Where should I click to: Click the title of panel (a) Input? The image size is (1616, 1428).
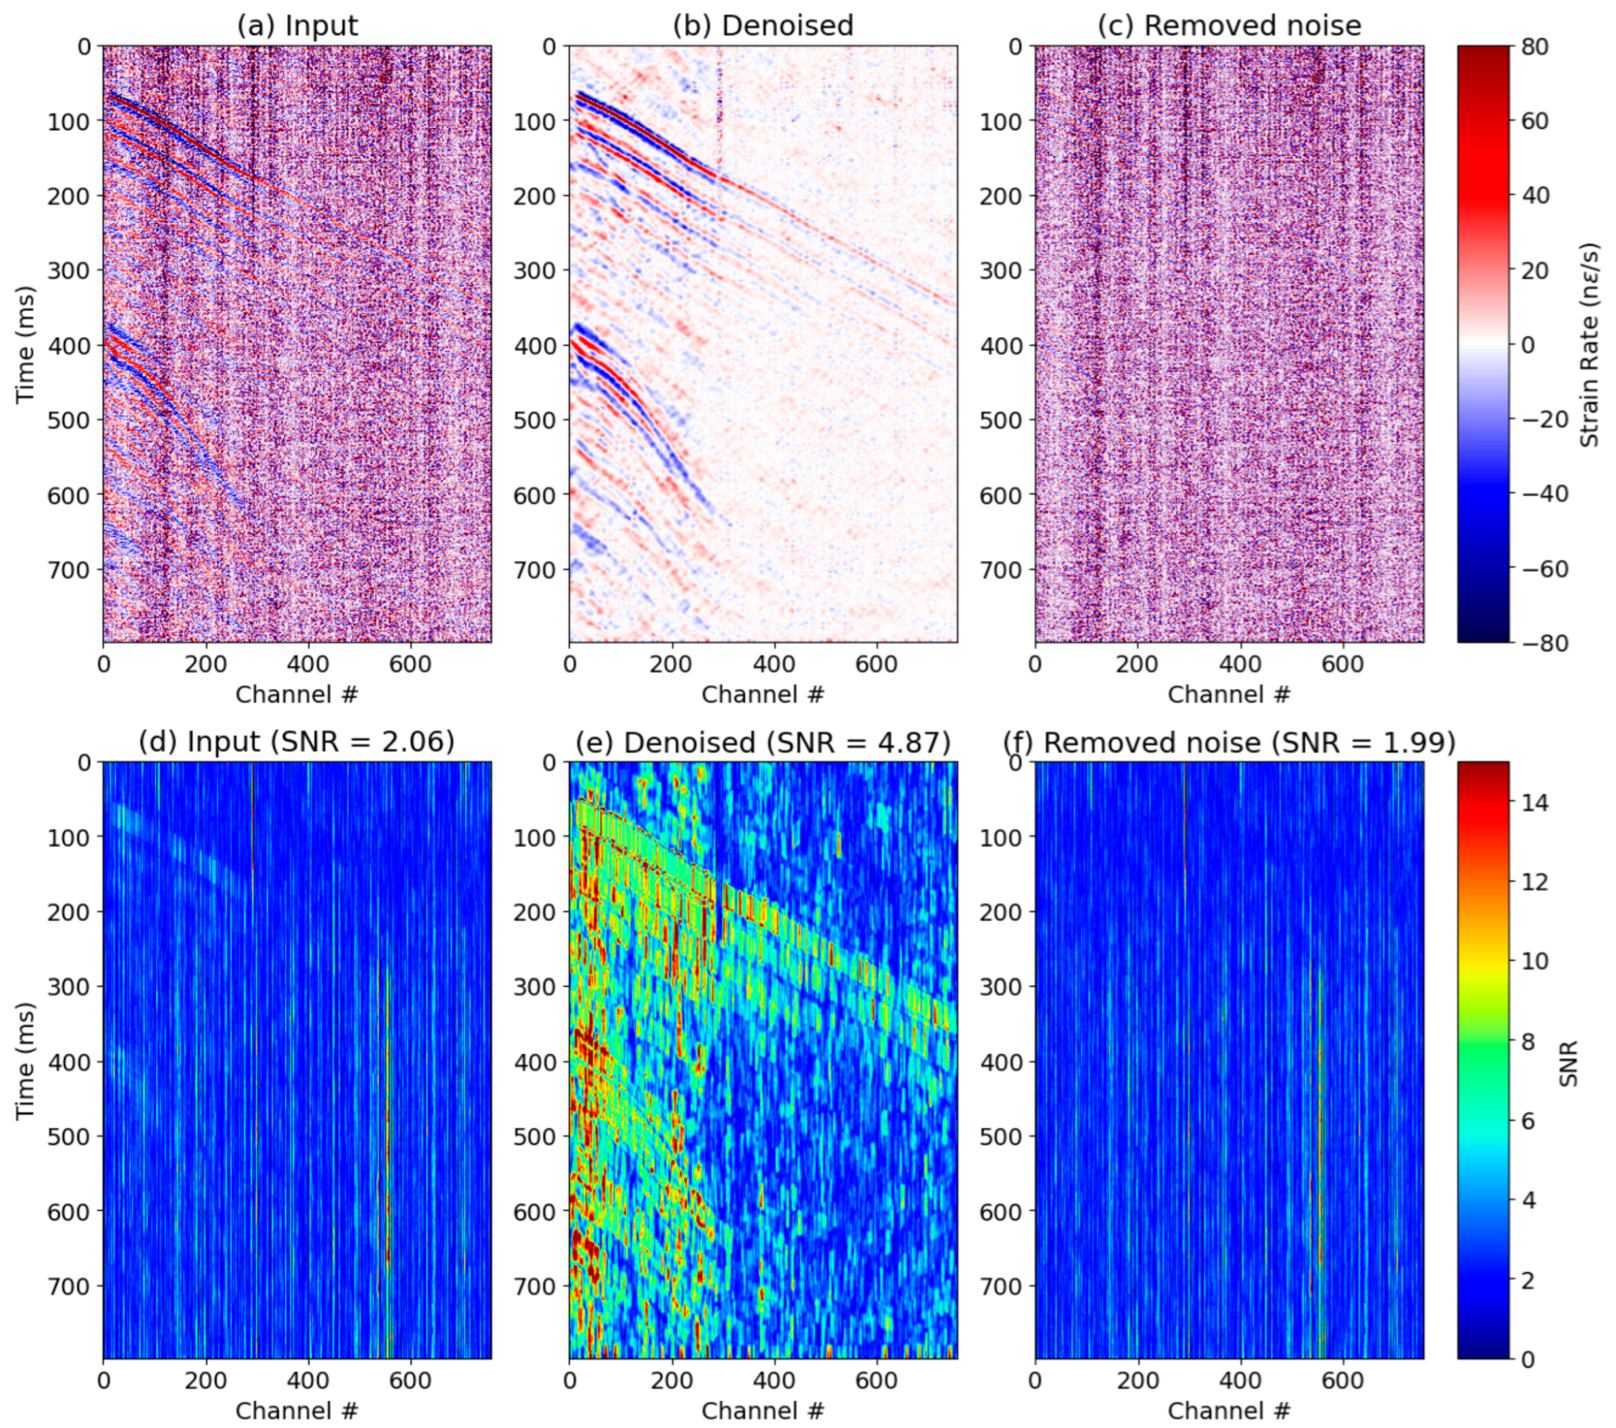(297, 25)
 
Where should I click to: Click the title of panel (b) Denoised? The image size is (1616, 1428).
(763, 25)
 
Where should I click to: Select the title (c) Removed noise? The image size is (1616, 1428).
(1230, 25)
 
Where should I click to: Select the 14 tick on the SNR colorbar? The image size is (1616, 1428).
(1534, 802)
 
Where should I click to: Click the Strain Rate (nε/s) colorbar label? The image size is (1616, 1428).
(1589, 345)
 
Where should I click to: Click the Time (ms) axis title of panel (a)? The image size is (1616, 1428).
(25, 345)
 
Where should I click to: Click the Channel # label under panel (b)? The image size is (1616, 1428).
(763, 694)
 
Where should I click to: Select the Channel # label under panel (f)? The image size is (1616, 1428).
(1230, 1410)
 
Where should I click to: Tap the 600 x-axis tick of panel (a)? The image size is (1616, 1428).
(410, 664)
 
